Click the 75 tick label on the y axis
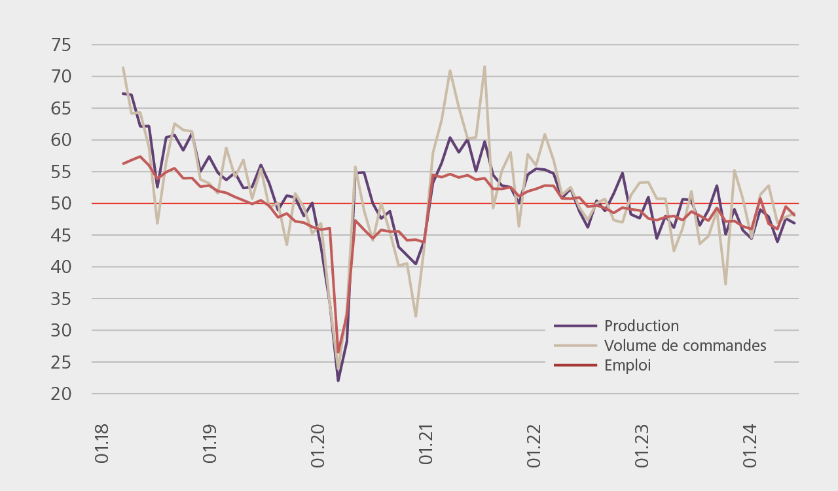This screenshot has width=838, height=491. (62, 45)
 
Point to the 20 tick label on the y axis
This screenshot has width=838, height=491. (62, 394)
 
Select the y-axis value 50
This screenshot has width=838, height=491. (62, 204)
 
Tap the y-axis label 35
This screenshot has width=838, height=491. (62, 299)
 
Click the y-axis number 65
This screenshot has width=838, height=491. (62, 109)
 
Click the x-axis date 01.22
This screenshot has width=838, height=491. (534, 445)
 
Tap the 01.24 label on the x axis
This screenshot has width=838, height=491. (750, 445)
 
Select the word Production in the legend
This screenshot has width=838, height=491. (642, 326)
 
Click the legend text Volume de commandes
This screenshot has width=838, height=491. (685, 346)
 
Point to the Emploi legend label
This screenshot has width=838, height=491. (627, 365)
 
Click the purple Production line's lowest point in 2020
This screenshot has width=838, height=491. (338, 380)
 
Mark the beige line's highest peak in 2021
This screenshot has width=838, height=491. (484, 66)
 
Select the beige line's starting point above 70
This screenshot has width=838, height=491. (123, 67)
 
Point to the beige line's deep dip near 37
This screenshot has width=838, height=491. (725, 283)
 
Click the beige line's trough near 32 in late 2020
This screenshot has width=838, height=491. (416, 316)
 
